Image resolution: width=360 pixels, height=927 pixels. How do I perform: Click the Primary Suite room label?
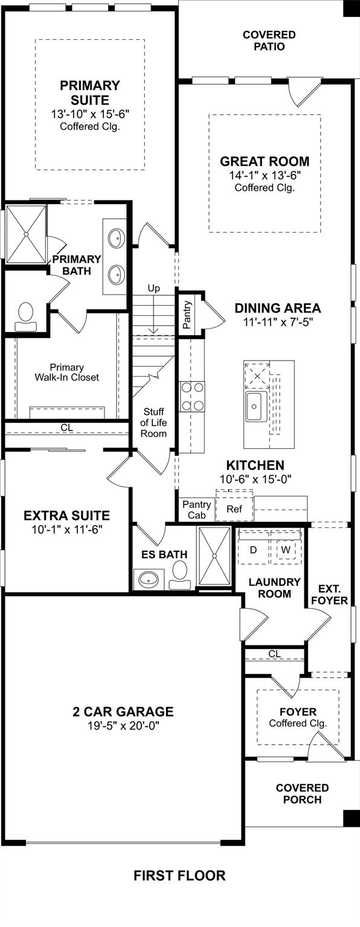tap(90, 92)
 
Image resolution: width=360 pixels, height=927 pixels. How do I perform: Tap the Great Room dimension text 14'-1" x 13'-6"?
tap(264, 175)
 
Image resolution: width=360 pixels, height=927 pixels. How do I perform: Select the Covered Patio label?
tap(269, 40)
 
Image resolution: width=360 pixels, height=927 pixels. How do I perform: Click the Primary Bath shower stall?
tap(26, 234)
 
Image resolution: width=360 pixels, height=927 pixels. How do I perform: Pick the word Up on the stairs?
tap(154, 288)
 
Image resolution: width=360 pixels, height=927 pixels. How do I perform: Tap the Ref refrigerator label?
tap(234, 509)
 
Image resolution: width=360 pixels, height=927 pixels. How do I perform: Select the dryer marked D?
tap(254, 550)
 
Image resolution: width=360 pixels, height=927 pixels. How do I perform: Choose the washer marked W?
tap(285, 550)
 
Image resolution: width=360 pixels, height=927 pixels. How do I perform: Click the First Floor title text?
tap(179, 875)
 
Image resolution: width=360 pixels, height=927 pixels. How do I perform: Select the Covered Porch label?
tap(302, 794)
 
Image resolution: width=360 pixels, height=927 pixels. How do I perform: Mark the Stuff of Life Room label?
tap(153, 423)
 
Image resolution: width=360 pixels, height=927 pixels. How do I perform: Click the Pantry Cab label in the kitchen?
tap(196, 510)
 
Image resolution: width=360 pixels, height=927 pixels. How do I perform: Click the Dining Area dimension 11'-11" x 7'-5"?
tap(277, 322)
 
